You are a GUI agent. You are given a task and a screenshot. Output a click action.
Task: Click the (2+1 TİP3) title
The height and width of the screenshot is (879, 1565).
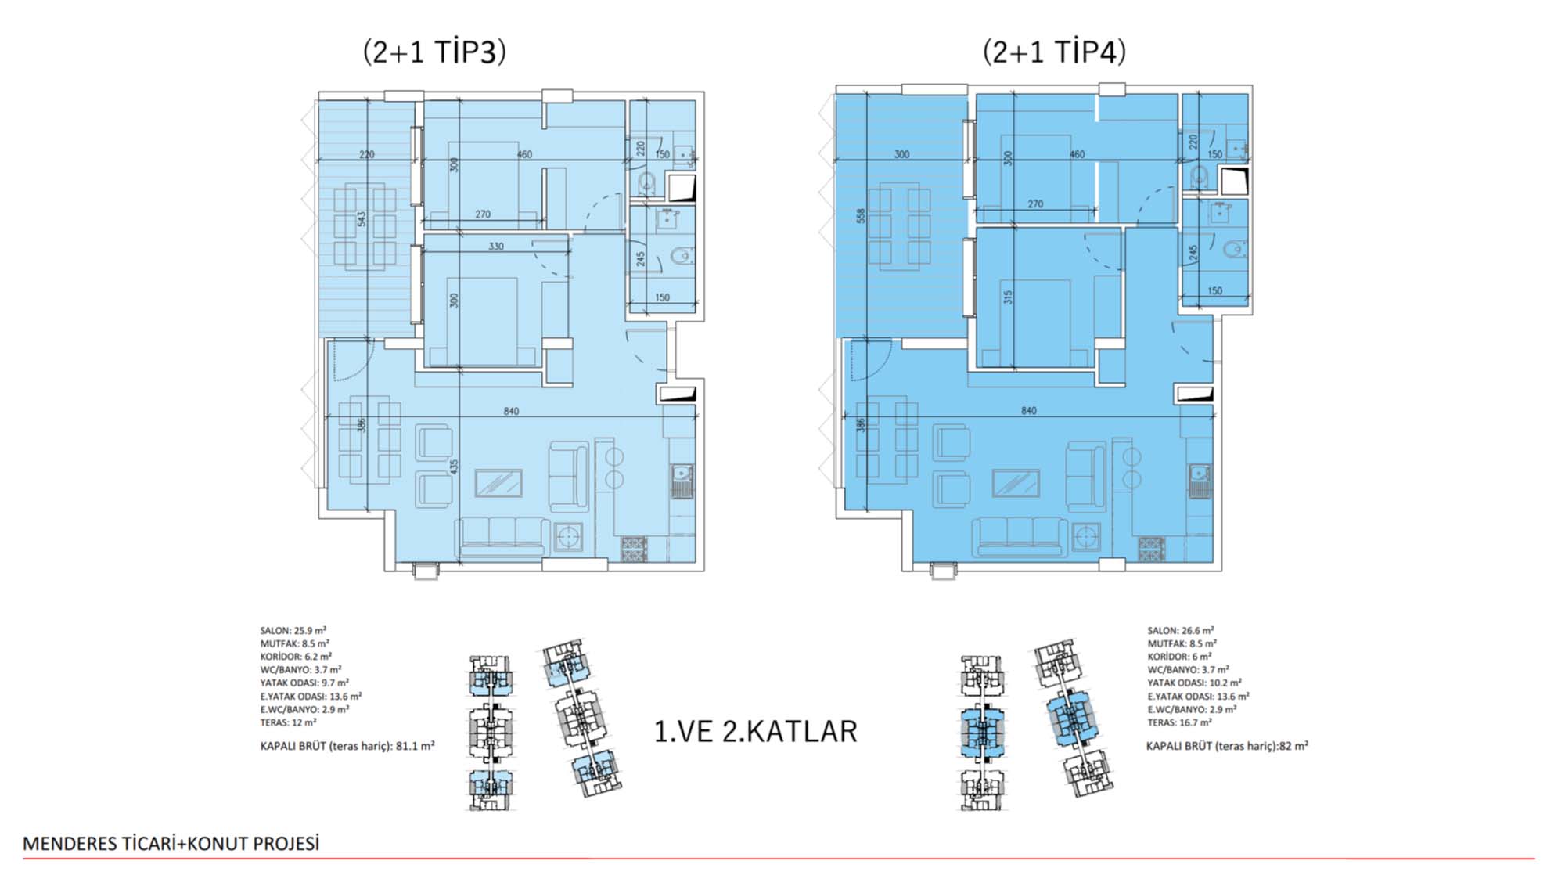[434, 52]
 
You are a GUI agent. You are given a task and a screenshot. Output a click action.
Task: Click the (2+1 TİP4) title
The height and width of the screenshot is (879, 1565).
[1054, 52]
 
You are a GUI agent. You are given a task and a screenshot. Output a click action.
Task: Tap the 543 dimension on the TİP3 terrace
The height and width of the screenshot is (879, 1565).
[362, 219]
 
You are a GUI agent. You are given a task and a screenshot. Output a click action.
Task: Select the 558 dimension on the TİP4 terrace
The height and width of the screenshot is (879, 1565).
[861, 216]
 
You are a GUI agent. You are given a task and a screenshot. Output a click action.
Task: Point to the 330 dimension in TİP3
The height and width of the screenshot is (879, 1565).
[496, 246]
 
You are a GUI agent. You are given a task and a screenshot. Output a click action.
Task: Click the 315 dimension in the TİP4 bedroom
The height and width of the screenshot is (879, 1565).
[1008, 297]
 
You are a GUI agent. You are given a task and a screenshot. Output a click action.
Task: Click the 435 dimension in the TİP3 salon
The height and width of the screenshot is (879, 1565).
[455, 467]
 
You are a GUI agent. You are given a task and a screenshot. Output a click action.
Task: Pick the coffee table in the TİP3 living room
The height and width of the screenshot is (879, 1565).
[498, 483]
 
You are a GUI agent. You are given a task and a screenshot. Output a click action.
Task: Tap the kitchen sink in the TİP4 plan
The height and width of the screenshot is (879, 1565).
[1200, 480]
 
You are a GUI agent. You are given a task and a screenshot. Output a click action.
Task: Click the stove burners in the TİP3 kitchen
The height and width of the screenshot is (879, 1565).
[634, 548]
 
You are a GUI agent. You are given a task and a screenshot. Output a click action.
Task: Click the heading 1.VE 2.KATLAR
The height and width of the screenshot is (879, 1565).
[755, 731]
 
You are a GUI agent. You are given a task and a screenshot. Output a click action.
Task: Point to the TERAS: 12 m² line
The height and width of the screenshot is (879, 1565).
[288, 722]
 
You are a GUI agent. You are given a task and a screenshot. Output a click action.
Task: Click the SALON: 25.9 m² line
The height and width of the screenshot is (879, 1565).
[293, 630]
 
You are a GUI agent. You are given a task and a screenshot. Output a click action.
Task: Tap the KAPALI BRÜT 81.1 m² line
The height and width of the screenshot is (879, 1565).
[347, 746]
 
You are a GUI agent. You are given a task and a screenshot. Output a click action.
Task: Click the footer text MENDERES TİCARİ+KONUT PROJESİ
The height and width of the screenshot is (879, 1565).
[171, 844]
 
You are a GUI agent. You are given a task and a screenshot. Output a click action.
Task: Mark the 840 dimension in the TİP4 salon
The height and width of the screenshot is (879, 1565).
[1028, 410]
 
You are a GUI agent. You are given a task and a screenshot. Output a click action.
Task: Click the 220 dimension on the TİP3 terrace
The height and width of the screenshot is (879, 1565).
[366, 154]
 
